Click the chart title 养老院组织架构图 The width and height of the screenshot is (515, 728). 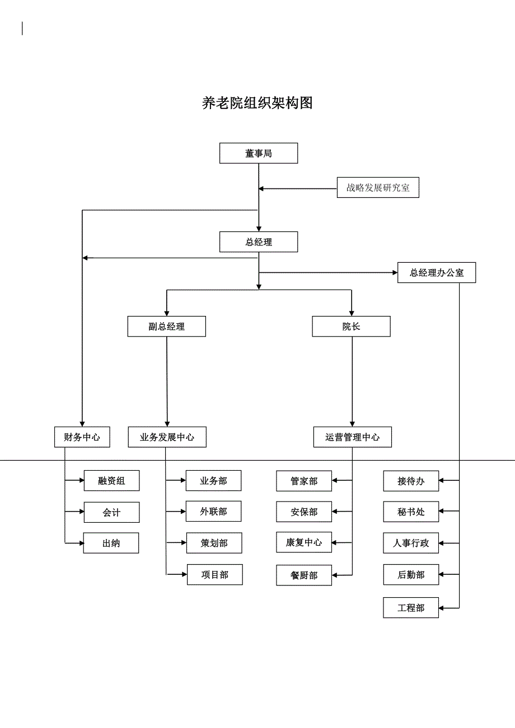click(x=257, y=103)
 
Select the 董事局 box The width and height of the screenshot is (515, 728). click(x=258, y=153)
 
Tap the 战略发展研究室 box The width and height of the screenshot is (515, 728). click(x=378, y=188)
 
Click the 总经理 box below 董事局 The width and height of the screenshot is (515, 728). click(x=258, y=242)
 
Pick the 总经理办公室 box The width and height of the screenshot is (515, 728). click(x=437, y=273)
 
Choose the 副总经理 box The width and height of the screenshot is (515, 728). click(x=166, y=327)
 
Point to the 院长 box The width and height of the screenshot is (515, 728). click(x=351, y=327)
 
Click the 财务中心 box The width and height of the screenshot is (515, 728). click(x=82, y=437)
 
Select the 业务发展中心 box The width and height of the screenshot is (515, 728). click(x=167, y=437)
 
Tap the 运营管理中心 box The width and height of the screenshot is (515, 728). click(x=352, y=437)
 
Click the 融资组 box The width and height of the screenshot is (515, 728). click(x=111, y=481)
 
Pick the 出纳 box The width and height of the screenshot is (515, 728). click(x=111, y=543)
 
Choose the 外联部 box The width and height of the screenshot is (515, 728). click(x=214, y=512)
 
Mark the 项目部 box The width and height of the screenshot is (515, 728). click(x=215, y=575)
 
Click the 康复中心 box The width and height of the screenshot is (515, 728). click(x=304, y=542)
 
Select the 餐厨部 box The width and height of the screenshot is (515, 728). click(x=304, y=575)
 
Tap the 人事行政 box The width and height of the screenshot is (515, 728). click(x=411, y=543)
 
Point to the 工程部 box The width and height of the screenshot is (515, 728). click(x=411, y=608)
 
